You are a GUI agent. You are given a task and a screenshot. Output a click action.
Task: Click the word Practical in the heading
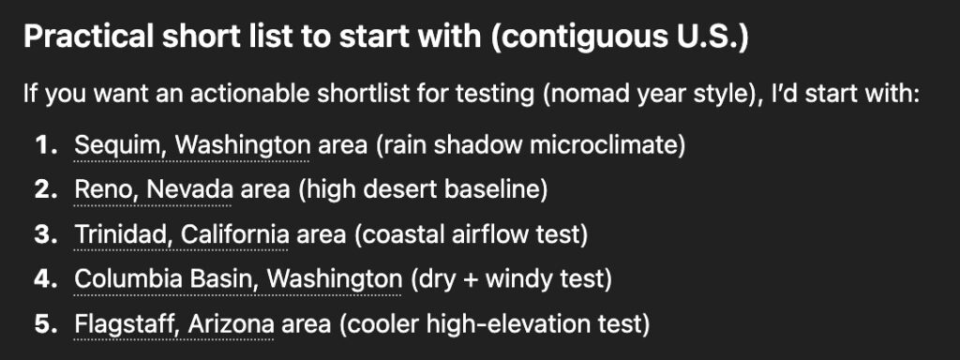pos(88,37)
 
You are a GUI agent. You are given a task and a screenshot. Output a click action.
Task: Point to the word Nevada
pos(189,190)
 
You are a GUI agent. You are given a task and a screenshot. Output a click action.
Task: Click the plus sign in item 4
pos(472,280)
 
